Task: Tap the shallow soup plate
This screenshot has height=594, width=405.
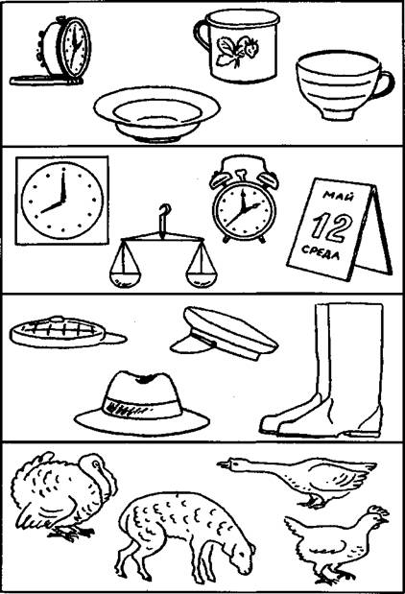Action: click(156, 113)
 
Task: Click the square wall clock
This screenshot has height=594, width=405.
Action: click(61, 200)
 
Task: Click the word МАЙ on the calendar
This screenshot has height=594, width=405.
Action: click(339, 196)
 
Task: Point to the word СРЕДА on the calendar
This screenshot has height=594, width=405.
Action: click(321, 252)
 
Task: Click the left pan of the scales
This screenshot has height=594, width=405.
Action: click(125, 279)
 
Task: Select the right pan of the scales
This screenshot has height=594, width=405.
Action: click(202, 279)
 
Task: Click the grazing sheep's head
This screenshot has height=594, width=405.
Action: click(243, 554)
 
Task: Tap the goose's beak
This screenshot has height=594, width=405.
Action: click(222, 463)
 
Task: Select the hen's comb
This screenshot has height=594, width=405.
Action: click(379, 510)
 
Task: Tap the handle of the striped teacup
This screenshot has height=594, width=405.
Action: click(387, 84)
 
